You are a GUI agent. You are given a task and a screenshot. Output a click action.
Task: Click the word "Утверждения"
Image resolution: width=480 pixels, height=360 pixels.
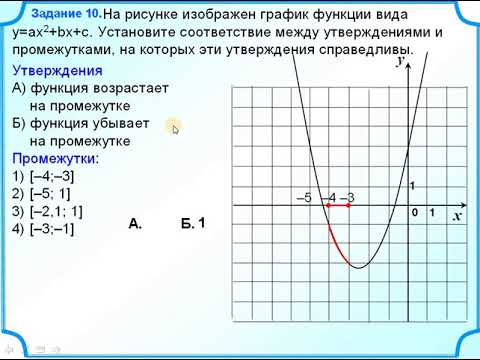[57, 71]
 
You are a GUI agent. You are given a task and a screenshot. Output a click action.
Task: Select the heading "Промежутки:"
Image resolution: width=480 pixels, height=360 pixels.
[56, 159]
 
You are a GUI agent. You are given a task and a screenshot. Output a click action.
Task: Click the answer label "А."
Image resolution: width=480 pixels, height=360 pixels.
[136, 224]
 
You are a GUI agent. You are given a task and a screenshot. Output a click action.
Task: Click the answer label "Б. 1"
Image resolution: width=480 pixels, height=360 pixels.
[192, 223]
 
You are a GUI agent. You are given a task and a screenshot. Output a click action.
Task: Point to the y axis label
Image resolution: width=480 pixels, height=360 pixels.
[399, 61]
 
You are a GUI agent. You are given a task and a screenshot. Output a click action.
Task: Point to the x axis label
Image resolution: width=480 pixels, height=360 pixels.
[456, 215]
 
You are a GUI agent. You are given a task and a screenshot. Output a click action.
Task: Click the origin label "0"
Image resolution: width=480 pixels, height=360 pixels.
[415, 214]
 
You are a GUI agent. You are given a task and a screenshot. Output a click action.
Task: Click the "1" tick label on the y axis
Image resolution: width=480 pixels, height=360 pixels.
[412, 186]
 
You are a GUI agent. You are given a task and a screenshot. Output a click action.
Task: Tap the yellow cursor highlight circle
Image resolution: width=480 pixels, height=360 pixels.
[174, 127]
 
